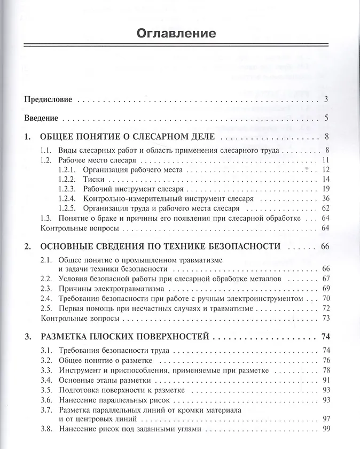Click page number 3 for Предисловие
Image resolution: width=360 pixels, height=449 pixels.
[326, 99]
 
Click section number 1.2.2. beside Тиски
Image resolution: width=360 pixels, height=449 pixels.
[67, 179]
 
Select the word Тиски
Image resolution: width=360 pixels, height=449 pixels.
[93, 179]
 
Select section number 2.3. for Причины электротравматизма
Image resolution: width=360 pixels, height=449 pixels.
[47, 289]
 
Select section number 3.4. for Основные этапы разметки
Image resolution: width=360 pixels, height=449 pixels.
[47, 380]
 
